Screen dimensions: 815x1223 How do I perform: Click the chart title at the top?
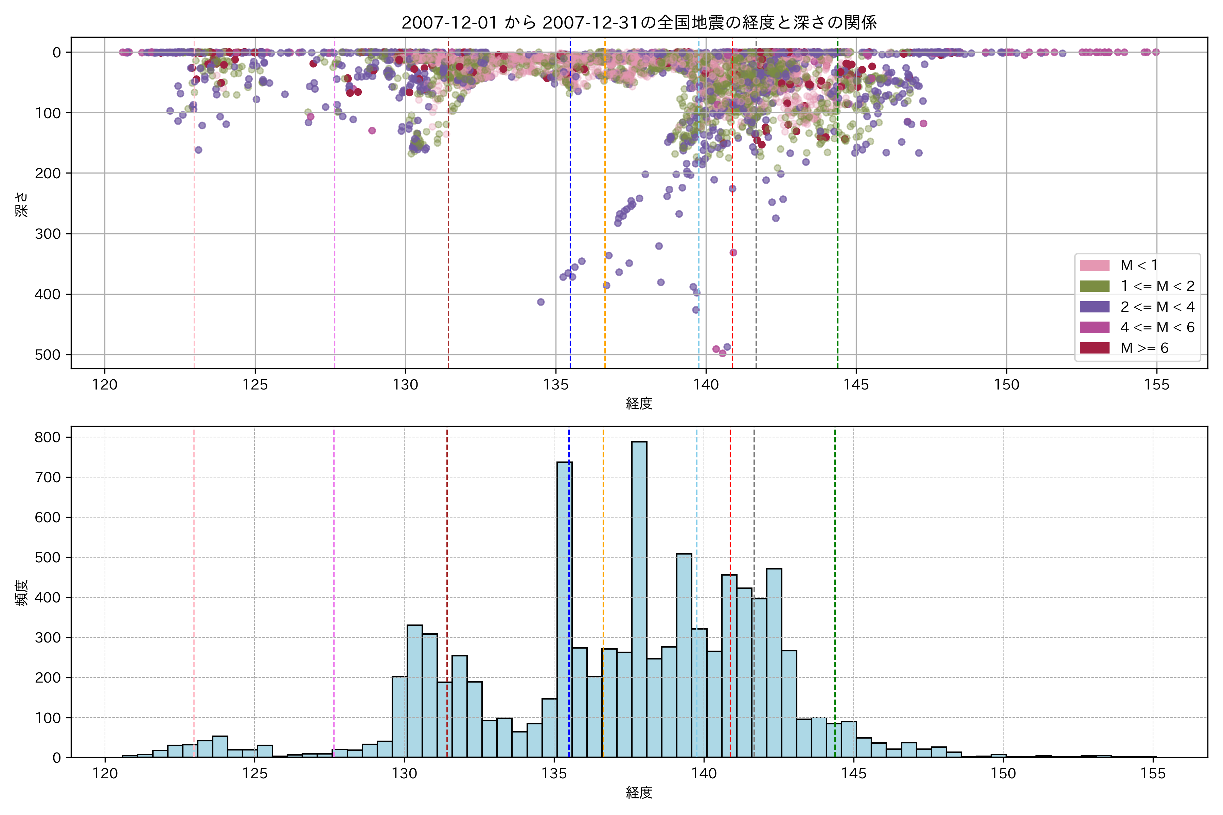(x=639, y=22)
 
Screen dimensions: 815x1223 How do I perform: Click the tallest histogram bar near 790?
(x=639, y=598)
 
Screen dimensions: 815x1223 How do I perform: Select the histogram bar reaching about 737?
(x=565, y=608)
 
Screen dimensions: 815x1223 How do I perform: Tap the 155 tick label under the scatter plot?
(x=1156, y=385)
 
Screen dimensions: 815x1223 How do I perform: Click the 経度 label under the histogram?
(x=639, y=793)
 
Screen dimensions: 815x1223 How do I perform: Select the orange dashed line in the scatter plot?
(x=605, y=156)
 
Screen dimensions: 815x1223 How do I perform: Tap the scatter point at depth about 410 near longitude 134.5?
(x=541, y=302)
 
